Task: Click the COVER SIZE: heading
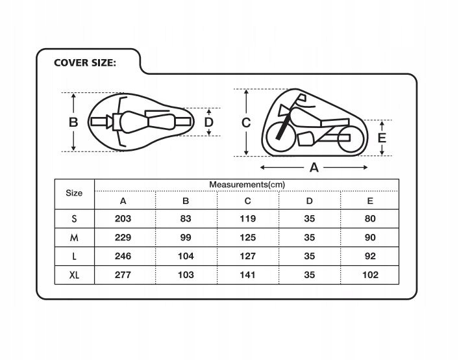point(84,63)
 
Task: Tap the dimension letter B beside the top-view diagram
point(74,122)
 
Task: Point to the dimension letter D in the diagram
point(209,122)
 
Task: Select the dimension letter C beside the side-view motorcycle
point(246,122)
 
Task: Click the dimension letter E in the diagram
point(382,137)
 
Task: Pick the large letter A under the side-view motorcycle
point(314,167)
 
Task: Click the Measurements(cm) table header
point(247,185)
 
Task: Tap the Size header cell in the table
point(75,193)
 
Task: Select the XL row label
point(75,274)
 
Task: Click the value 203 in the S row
point(123,219)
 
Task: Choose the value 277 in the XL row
point(123,274)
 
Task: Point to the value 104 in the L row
point(186,256)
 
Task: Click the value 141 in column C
point(247,274)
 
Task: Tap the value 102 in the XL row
point(371,274)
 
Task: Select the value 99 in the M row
point(186,238)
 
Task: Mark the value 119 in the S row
point(247,219)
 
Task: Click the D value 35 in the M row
point(309,238)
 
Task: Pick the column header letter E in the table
point(371,201)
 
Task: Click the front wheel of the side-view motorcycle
point(279,134)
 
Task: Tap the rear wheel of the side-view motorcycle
point(349,137)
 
